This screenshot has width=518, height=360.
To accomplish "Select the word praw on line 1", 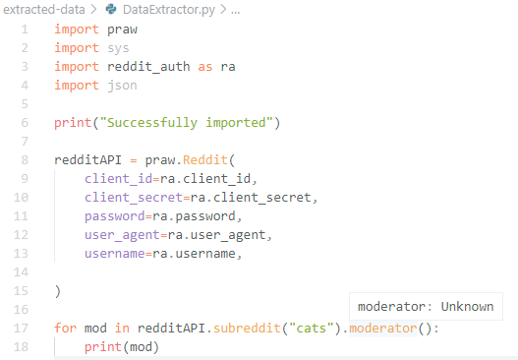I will [124, 30].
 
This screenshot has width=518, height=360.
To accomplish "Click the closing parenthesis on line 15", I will [58, 291].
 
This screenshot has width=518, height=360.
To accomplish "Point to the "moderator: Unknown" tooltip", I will [426, 306].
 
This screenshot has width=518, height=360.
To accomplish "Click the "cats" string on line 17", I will [316, 329].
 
